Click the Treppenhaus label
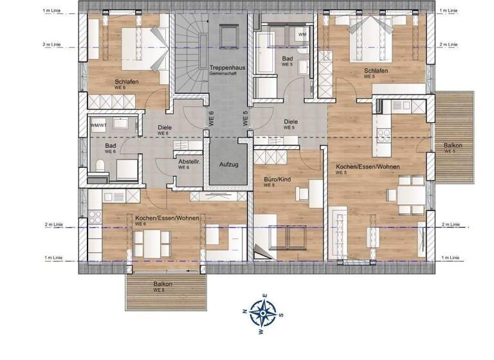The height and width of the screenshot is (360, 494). tap(224, 68)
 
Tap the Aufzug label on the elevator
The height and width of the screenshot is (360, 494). tap(228, 165)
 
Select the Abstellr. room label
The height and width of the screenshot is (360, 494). tap(189, 162)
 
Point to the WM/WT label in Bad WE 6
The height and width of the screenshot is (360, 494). tap(98, 125)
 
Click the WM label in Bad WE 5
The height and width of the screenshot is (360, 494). tap(302, 34)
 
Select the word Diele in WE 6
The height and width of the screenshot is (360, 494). tap(165, 127)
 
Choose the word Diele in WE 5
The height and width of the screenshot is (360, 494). tap(290, 121)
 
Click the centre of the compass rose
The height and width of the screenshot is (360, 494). tap(262, 312)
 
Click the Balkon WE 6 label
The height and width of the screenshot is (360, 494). tap(162, 285)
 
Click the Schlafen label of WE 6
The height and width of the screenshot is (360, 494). tap(126, 82)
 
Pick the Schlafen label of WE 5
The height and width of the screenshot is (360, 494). tap(376, 70)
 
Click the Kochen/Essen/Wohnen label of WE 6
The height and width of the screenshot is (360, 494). tap(167, 219)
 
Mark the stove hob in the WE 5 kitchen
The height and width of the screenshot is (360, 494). tap(385, 135)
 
